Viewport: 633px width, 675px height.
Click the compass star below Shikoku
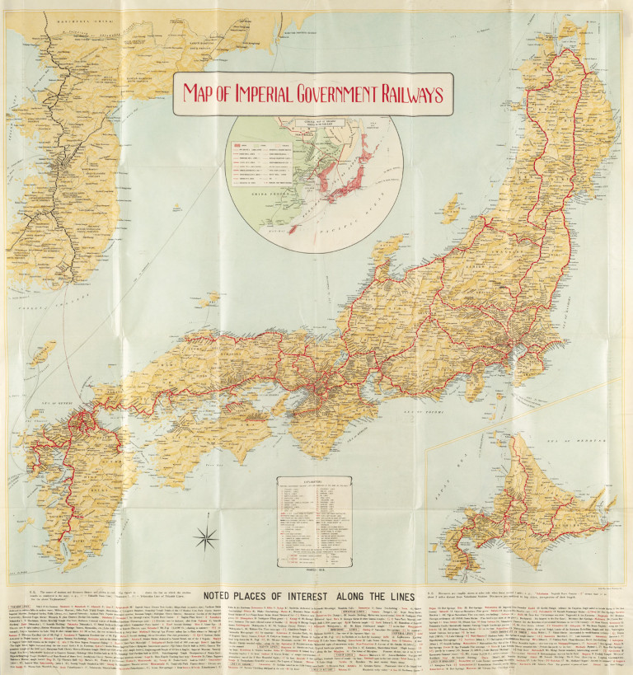[205, 540]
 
